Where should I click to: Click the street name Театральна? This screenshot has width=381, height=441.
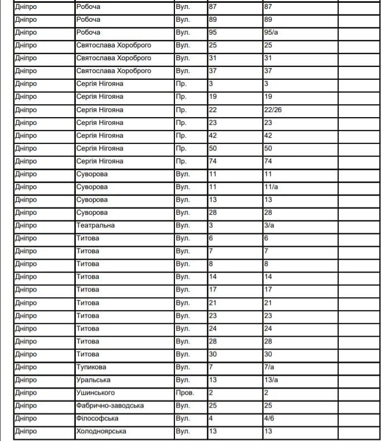[x=95, y=225]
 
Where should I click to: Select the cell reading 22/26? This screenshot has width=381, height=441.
[x=273, y=110]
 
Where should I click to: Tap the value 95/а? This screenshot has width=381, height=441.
[x=271, y=32]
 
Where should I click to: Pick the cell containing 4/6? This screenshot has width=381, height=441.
[x=269, y=418]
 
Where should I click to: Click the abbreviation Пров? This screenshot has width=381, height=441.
[x=185, y=392]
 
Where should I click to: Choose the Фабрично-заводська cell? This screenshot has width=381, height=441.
[x=110, y=405]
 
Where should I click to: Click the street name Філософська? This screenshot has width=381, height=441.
[x=97, y=418]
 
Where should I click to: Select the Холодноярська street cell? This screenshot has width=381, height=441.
[x=101, y=431]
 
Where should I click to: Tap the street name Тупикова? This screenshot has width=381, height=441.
[x=91, y=367]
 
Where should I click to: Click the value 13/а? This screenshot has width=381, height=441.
[x=271, y=380]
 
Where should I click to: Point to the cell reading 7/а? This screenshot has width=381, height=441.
[x=269, y=367]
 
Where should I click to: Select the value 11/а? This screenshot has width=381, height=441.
[x=271, y=187]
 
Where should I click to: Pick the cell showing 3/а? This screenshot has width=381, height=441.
[x=269, y=225]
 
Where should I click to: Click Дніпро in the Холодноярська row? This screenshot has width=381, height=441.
[x=26, y=431]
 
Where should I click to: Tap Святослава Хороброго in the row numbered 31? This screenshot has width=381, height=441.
[x=114, y=58]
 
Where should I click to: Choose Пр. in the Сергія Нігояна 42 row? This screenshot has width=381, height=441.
[x=181, y=135]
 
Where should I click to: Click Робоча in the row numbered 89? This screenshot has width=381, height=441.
[x=88, y=20]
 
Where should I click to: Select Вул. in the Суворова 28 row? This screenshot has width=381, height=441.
[x=183, y=212]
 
